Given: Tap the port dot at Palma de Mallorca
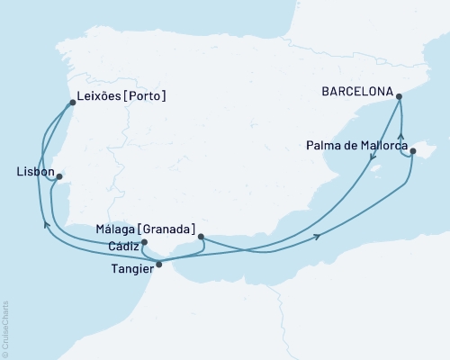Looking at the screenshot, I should (412, 152).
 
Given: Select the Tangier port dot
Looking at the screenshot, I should (159, 264).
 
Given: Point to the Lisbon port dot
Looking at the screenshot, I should (59, 177).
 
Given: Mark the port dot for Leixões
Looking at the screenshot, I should (73, 102).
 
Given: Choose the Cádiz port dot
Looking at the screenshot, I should (144, 241).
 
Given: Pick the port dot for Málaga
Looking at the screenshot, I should (201, 238).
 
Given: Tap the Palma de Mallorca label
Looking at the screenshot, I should (357, 144).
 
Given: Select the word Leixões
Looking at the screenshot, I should (103, 94).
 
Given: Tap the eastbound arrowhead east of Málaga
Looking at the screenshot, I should (318, 236).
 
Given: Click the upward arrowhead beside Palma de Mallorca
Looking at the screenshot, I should (400, 137).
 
